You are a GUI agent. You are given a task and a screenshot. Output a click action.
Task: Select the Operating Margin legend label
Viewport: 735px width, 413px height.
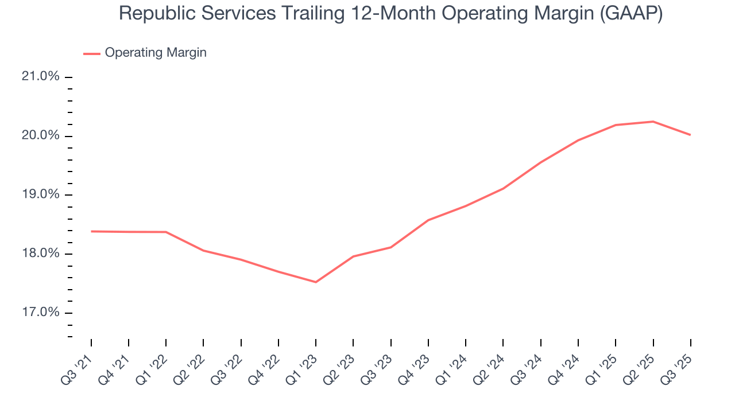(155, 53)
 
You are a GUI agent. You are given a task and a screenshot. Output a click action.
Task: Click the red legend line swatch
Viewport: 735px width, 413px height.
(92, 53)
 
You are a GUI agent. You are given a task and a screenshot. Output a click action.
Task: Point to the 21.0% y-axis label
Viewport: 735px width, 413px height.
(41, 76)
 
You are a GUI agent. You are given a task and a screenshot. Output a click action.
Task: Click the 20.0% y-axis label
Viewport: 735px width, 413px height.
(41, 135)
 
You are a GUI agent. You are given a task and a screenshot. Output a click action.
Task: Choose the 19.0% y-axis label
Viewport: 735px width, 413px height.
(41, 194)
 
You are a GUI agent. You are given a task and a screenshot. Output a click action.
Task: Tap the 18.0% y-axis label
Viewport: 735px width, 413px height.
(41, 254)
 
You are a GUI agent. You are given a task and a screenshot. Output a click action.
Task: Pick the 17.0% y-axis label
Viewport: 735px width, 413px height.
(41, 313)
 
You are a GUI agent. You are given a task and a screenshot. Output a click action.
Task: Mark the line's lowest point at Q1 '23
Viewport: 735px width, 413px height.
(316, 282)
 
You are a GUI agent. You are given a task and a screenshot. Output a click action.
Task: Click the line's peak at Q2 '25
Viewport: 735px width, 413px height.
(653, 122)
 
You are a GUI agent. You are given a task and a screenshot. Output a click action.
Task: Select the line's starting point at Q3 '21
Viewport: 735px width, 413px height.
(91, 231)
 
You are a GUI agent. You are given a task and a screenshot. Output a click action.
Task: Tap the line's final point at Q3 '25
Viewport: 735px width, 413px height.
(690, 135)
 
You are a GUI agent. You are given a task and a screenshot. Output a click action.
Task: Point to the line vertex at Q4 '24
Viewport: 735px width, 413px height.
(578, 140)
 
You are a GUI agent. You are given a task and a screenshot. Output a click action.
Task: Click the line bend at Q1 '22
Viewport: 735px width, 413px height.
(166, 232)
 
